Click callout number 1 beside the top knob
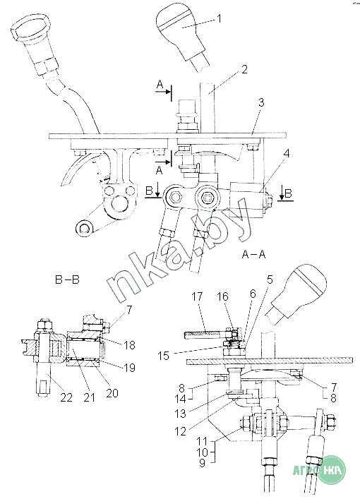219,19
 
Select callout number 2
244,69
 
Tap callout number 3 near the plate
261,102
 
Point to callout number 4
287,153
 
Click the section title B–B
67,279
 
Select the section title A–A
253,254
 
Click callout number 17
197,296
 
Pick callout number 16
222,296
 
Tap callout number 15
164,356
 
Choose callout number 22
66,397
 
